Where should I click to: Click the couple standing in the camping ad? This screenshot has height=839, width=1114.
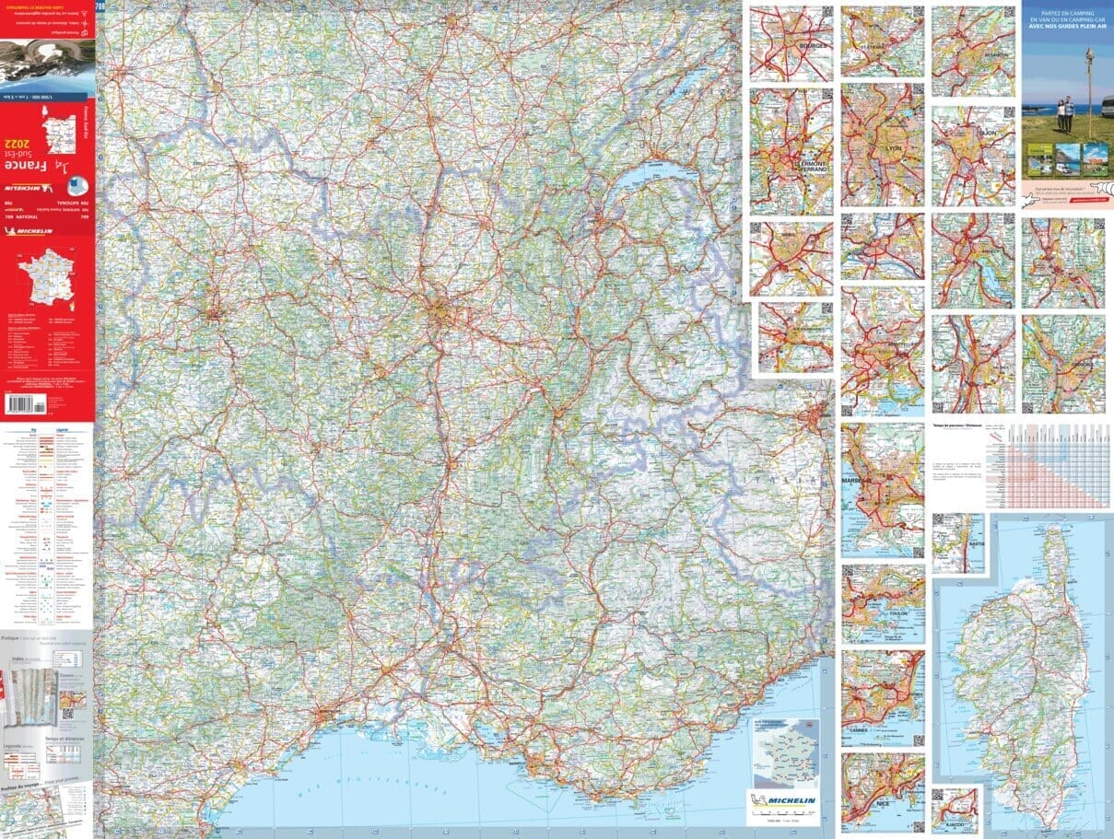click(1066, 115)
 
